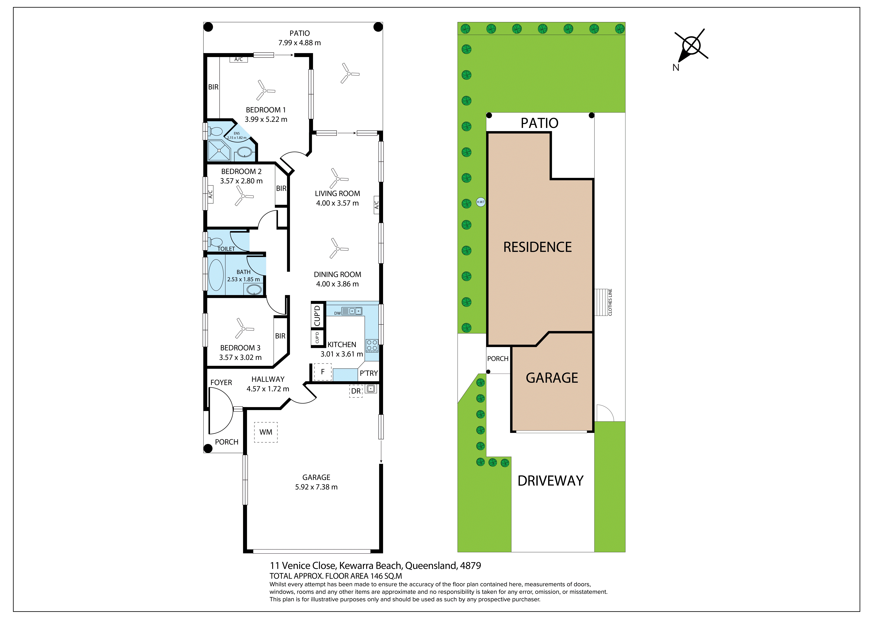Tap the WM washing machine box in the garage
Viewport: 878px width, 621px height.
[x=266, y=432]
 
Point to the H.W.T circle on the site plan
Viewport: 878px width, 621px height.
[x=481, y=202]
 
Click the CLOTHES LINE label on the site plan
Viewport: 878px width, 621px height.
[x=610, y=302]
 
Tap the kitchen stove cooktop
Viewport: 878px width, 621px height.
[x=372, y=345]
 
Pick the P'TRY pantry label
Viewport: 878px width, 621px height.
[x=369, y=373]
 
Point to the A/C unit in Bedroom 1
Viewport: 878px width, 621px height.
[x=239, y=59]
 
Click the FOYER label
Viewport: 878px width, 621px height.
[x=221, y=383]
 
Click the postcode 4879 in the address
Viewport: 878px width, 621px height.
[x=470, y=566]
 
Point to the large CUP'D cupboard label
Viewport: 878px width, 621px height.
[x=317, y=316]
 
